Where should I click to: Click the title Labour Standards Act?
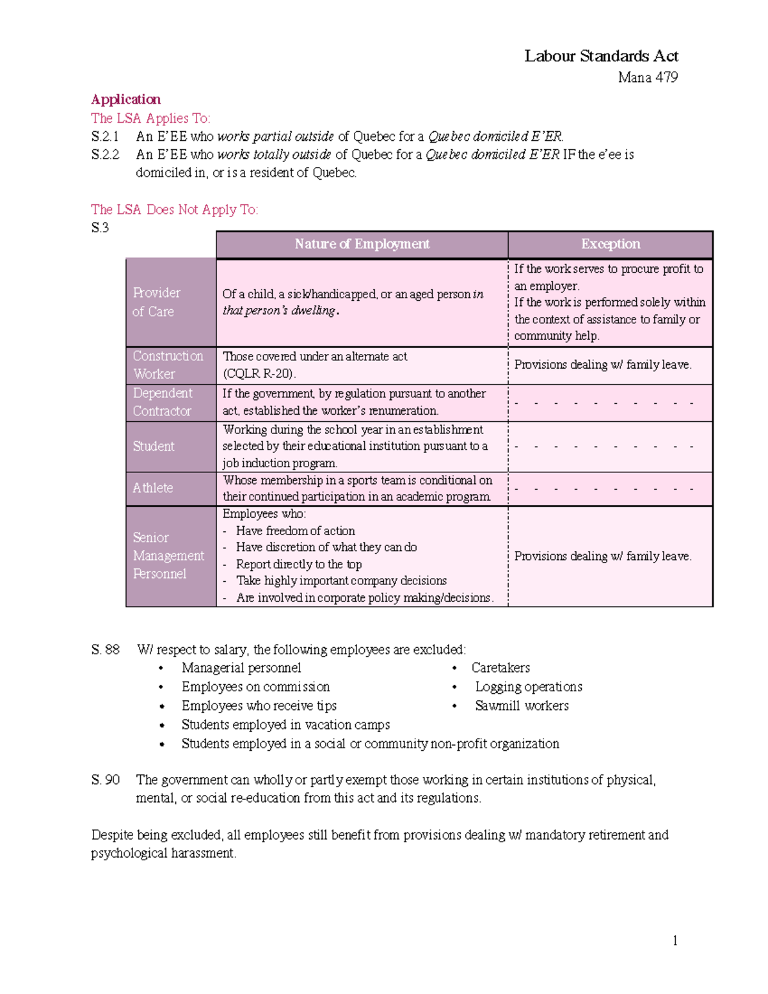tap(601, 56)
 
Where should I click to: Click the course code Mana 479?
tap(648, 77)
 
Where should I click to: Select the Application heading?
tap(125, 99)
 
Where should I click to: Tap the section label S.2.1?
tap(105, 136)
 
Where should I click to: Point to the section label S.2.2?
tap(105, 154)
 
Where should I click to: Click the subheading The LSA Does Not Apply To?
tap(174, 209)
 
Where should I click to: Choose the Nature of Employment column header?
tap(362, 244)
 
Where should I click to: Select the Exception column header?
tap(610, 244)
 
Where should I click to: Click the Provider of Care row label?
tap(156, 302)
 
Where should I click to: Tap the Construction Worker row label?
tap(168, 365)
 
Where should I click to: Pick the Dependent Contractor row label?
tap(162, 402)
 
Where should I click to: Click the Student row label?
tap(153, 446)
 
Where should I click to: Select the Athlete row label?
tap(152, 488)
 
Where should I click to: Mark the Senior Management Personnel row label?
tap(168, 556)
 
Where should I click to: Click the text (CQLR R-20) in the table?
tap(259, 374)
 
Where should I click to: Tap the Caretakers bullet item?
tap(500, 668)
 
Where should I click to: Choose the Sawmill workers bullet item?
tap(522, 705)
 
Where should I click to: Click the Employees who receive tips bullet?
tap(259, 705)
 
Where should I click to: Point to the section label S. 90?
tap(106, 780)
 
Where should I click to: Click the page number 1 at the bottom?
tap(675, 940)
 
